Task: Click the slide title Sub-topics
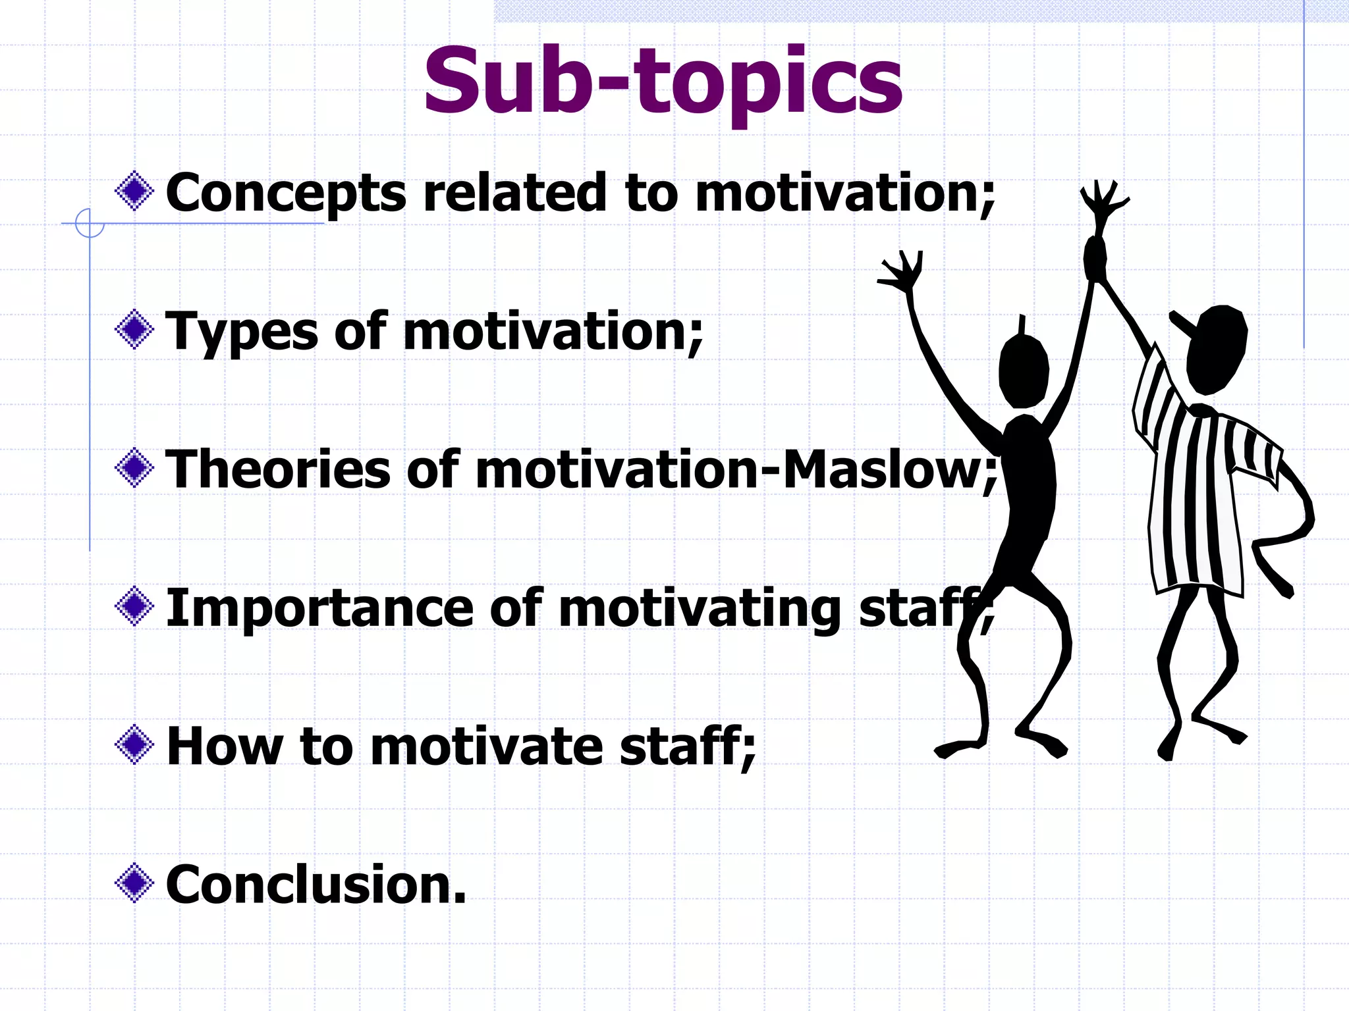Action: [x=663, y=82]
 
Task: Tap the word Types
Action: [x=242, y=332]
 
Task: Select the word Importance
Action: [x=319, y=609]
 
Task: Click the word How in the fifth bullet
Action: [x=225, y=746]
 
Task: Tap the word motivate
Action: [x=487, y=746]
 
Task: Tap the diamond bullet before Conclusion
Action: [x=134, y=883]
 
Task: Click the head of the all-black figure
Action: [x=1023, y=372]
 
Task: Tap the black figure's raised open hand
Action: [x=902, y=273]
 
